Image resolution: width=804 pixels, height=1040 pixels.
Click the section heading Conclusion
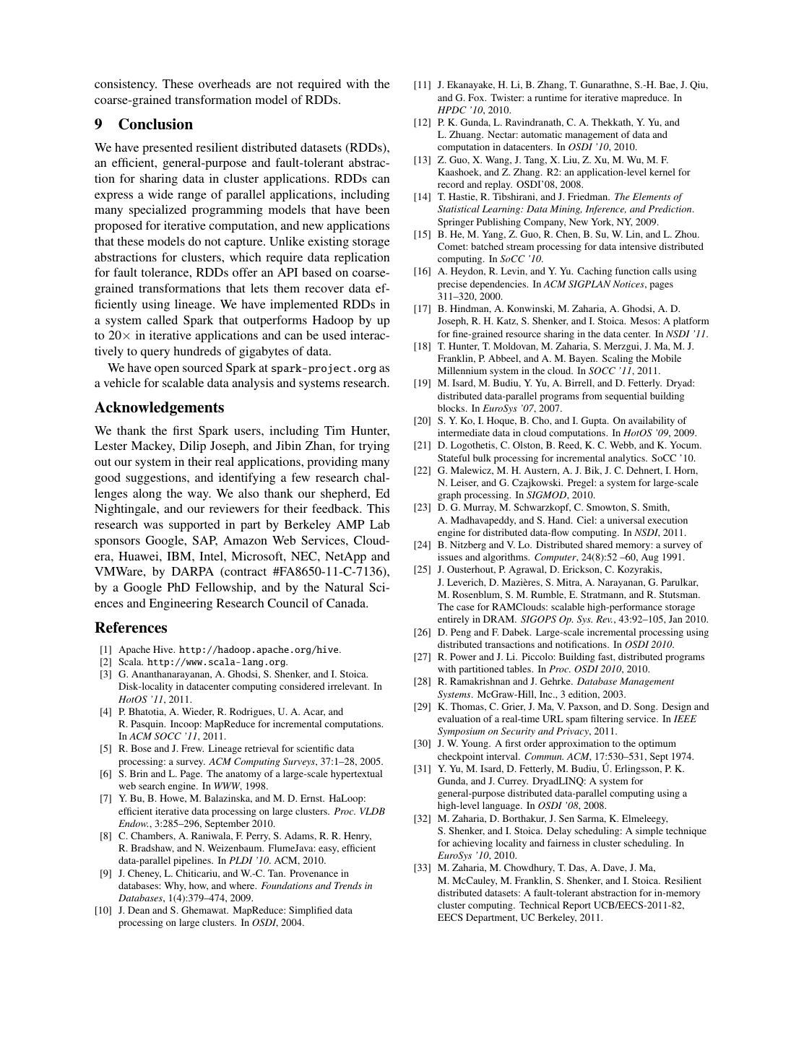click(x=155, y=124)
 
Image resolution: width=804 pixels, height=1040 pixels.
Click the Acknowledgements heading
click(x=159, y=407)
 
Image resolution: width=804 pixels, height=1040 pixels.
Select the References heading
click(x=131, y=628)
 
